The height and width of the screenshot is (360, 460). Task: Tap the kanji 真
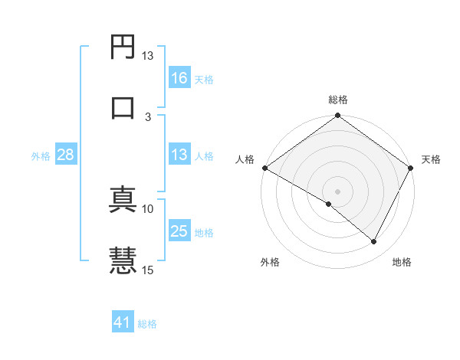tap(123, 199)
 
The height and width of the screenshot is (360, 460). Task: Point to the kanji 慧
tap(123, 259)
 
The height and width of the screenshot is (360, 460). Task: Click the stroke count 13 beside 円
tap(148, 56)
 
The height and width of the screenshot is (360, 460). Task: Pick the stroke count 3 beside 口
tap(148, 116)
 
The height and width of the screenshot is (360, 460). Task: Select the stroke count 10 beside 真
tap(148, 208)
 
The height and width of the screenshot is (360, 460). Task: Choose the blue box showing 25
tap(179, 231)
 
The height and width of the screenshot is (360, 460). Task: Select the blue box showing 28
tap(66, 155)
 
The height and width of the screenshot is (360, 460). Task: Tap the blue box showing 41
tap(123, 323)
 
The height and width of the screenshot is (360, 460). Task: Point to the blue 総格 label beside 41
tap(147, 325)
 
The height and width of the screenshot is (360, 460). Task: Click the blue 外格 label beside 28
tap(41, 156)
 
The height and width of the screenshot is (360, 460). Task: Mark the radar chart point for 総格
tap(337, 116)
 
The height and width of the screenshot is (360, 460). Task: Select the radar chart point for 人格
tap(264, 168)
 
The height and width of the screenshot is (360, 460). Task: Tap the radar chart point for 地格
tap(374, 241)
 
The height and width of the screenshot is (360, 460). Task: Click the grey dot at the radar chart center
tap(337, 191)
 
